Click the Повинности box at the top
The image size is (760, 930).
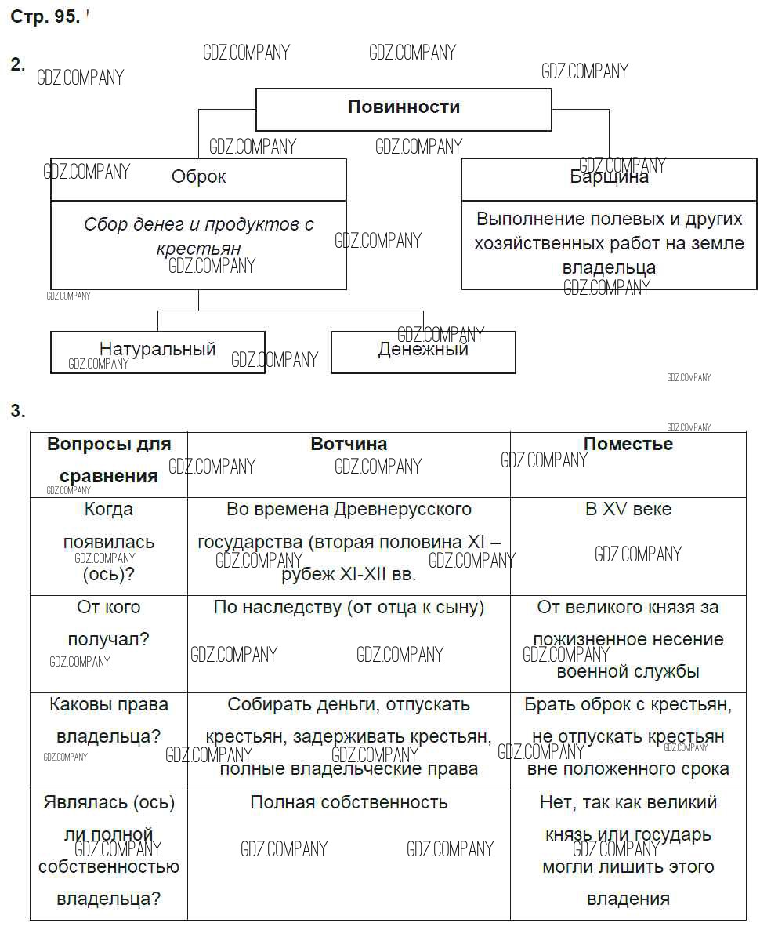[x=404, y=108]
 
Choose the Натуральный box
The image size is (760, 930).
[x=157, y=351]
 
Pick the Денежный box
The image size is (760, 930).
[x=423, y=351]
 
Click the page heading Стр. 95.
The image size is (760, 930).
[x=45, y=17]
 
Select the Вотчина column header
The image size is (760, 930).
[x=349, y=444]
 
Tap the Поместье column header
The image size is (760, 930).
[x=628, y=444]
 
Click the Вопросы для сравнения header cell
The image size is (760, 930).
[x=109, y=460]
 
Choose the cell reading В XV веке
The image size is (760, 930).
[x=628, y=509]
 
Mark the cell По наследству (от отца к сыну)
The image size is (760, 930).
[x=349, y=607]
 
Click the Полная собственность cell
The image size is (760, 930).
[x=349, y=802]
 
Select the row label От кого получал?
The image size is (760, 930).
[x=109, y=623]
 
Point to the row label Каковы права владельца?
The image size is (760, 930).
[x=109, y=721]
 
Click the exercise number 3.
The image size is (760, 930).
[x=17, y=411]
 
